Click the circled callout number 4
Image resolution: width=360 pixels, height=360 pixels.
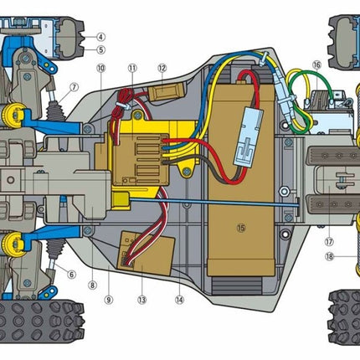(100, 37)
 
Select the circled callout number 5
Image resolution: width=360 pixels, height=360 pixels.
(100, 50)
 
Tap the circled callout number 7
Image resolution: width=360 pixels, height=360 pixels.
(74, 88)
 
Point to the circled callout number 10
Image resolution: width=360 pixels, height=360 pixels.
(100, 68)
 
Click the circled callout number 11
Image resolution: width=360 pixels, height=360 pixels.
(132, 68)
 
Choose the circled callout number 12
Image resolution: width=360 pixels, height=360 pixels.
(162, 68)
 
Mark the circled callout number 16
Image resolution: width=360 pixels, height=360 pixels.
(316, 65)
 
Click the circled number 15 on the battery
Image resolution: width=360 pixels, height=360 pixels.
(241, 228)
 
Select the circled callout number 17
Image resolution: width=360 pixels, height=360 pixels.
(329, 242)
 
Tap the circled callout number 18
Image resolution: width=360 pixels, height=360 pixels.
(330, 256)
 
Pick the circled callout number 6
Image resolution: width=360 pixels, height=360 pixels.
(71, 275)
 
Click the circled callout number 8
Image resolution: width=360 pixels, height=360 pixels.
(92, 285)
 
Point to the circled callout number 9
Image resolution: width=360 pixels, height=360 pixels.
(109, 300)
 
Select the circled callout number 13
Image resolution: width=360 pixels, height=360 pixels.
(141, 300)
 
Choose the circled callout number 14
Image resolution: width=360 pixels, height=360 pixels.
(179, 300)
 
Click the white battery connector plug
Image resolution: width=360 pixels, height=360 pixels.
(249, 136)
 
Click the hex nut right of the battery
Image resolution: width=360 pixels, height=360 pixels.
(284, 191)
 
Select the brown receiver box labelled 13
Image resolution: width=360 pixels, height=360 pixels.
(146, 253)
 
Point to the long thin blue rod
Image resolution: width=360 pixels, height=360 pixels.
(213, 202)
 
